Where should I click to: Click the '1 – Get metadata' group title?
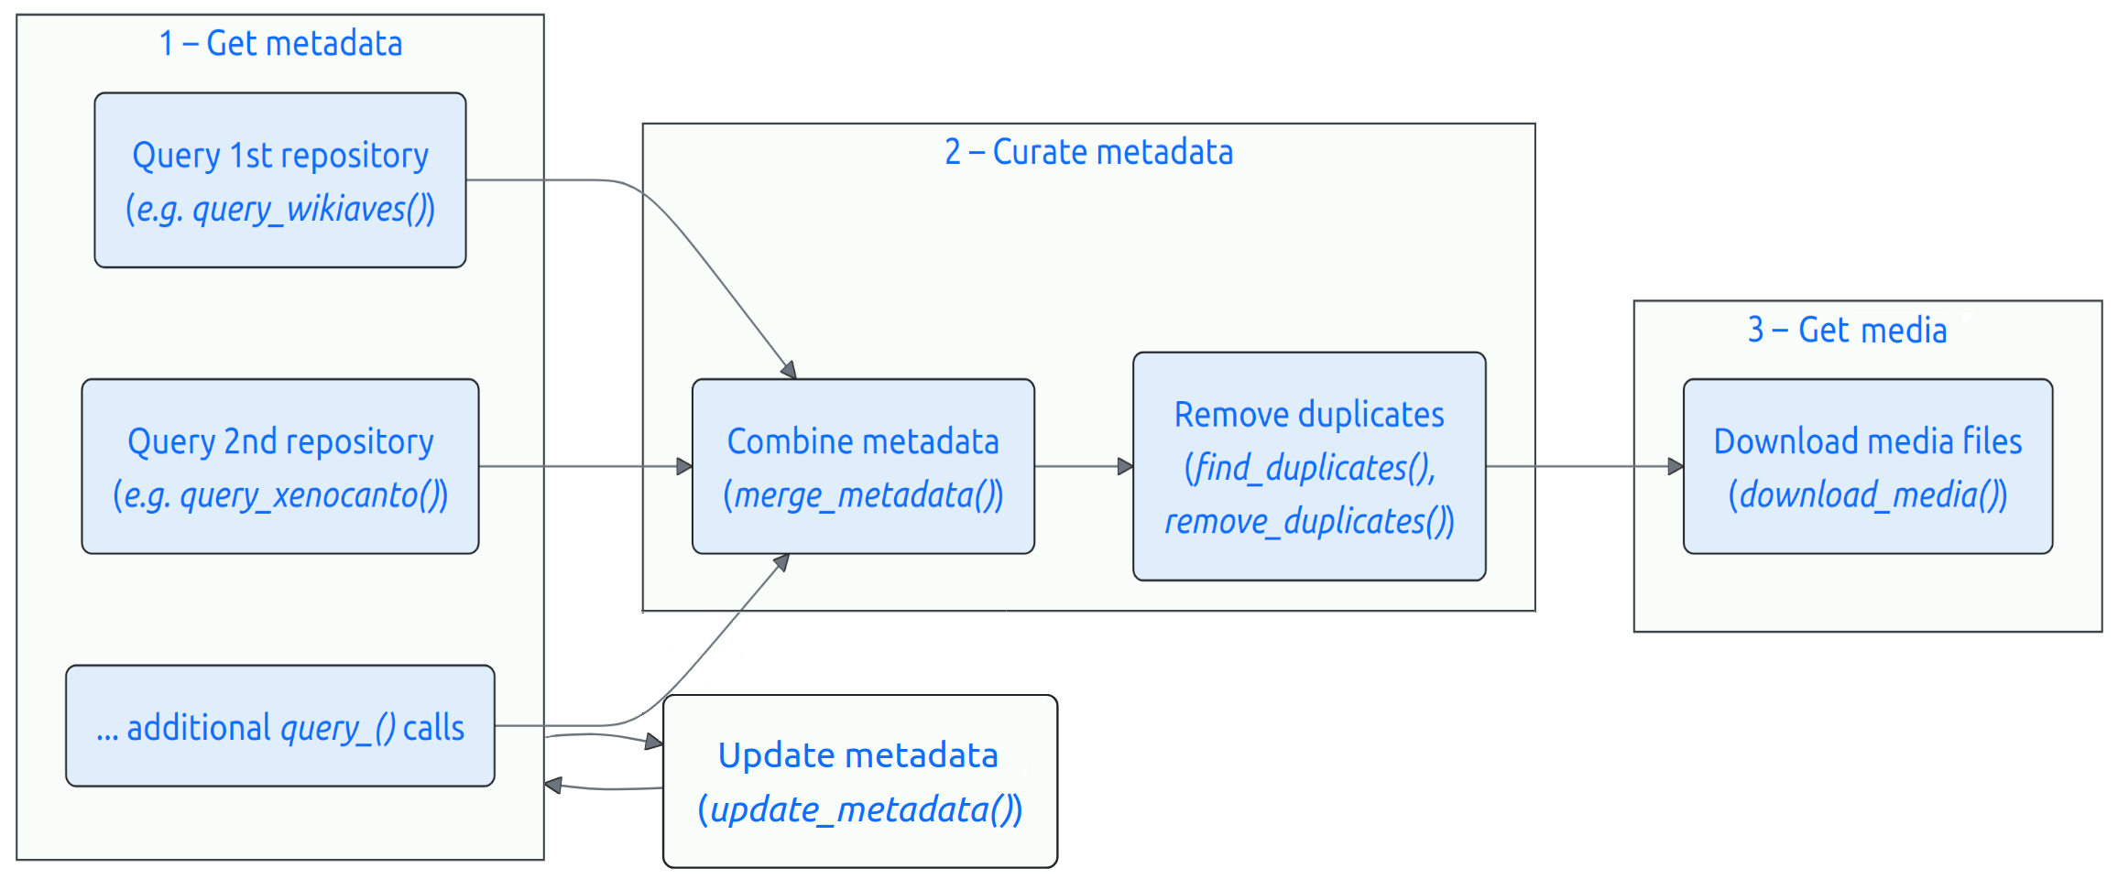tap(280, 44)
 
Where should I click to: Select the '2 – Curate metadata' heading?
tap(1088, 152)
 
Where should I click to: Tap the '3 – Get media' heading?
tap(1847, 330)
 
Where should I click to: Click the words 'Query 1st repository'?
tap(280, 156)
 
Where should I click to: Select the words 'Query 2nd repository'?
tap(280, 442)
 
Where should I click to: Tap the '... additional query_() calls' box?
tap(280, 727)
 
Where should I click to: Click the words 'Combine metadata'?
tap(863, 442)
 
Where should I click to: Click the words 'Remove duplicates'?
tap(1309, 415)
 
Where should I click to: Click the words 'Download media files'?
tap(1868, 442)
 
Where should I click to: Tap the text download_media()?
tap(1868, 495)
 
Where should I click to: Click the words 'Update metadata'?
tap(858, 756)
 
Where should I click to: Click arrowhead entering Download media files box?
tap(1675, 467)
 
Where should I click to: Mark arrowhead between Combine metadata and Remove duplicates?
tap(1125, 467)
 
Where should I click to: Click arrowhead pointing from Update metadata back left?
tap(553, 786)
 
